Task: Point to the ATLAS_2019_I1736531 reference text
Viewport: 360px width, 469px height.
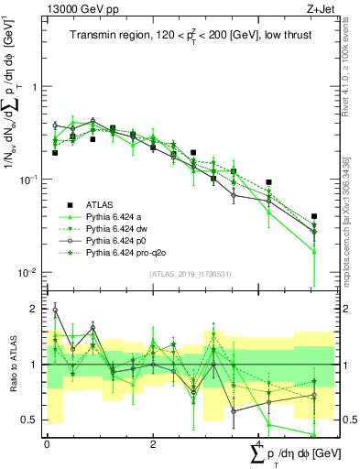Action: (x=184, y=274)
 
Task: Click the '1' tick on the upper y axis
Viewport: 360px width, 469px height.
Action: (x=36, y=87)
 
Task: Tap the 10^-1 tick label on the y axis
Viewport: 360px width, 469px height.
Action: (x=31, y=180)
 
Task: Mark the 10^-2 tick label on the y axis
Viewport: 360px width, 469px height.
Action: (x=31, y=272)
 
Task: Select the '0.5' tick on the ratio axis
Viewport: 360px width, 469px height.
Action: (x=32, y=420)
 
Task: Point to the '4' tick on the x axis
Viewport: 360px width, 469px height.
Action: (x=259, y=444)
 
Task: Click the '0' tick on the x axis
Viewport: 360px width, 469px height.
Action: (x=47, y=444)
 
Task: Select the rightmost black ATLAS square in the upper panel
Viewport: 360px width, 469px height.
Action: (x=314, y=217)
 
